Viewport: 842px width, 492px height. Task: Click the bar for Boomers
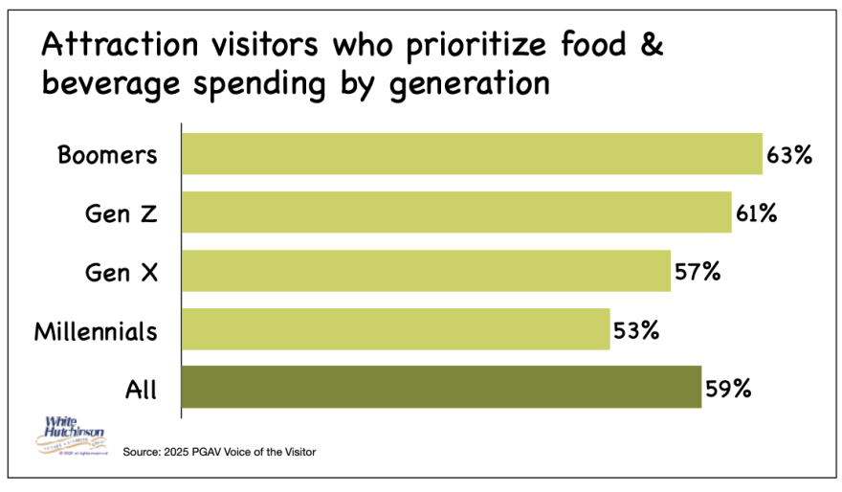coord(472,154)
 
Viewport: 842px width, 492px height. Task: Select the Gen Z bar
coord(456,212)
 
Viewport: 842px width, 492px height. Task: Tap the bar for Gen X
coord(426,271)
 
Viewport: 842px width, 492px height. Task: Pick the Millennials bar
coord(395,329)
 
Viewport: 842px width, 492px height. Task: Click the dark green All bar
coord(441,388)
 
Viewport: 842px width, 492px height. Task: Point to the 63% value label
coord(788,154)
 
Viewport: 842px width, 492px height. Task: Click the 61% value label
coord(756,212)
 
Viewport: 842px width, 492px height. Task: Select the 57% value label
coord(696,271)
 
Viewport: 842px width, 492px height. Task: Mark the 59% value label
coord(727,389)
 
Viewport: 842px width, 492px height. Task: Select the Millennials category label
coord(96,331)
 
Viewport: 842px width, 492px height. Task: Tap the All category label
coord(141,390)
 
